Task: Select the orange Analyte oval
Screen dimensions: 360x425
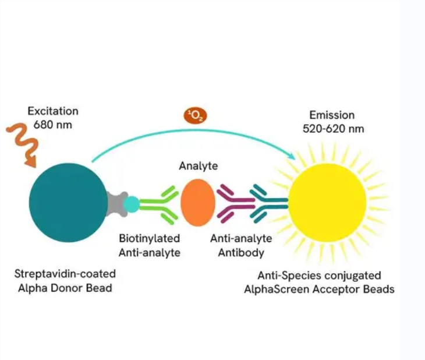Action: coord(198,202)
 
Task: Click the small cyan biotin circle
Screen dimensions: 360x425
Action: coord(132,204)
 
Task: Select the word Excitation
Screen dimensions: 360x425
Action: coord(52,111)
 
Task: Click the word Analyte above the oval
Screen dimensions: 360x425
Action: coord(198,167)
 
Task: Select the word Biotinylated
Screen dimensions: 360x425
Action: coord(150,239)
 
